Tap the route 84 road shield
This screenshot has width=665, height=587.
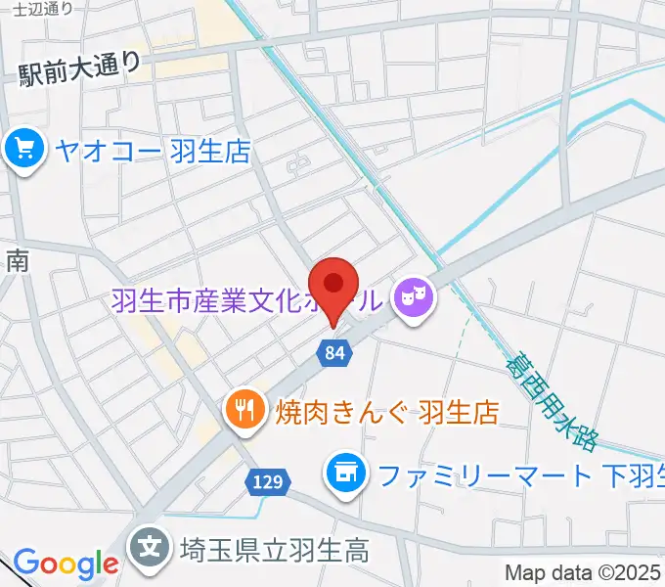point(333,353)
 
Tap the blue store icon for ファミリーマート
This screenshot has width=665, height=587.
point(344,474)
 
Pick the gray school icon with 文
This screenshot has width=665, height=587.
point(153,545)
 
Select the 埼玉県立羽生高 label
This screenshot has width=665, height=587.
point(274,548)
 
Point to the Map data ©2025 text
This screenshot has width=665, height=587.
point(583,572)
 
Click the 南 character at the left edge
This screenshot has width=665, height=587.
point(17,260)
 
